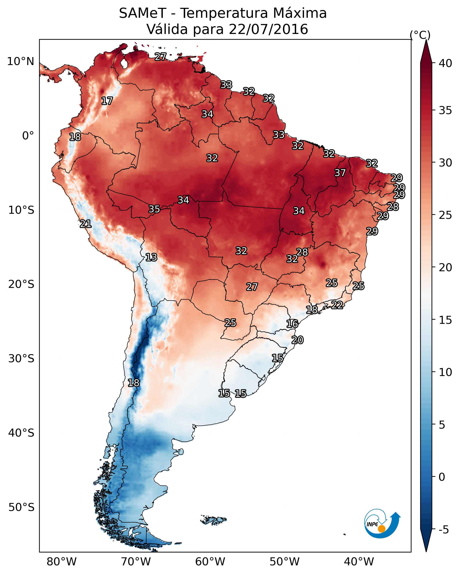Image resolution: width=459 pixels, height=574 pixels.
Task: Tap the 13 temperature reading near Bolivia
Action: (x=151, y=257)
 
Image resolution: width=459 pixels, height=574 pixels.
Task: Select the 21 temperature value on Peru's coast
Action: (x=85, y=224)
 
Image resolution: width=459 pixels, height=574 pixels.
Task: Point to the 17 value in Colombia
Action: (x=107, y=101)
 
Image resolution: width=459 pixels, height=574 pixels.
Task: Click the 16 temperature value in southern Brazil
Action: (x=292, y=324)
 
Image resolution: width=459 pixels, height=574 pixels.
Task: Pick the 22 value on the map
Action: (x=337, y=305)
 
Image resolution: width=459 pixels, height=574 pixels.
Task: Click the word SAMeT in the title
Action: (x=143, y=13)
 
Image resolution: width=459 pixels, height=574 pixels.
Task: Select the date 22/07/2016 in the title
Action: (x=268, y=29)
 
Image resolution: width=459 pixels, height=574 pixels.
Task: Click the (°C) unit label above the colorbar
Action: (x=420, y=35)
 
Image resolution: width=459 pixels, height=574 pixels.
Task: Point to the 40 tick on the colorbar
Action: (x=445, y=63)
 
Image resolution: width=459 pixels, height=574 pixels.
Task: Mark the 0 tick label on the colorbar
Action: (x=442, y=477)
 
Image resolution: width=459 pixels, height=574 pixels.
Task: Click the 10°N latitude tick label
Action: (x=20, y=61)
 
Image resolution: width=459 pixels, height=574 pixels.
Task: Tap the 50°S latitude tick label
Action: (x=21, y=507)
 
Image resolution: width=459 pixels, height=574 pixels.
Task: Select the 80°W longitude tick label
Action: (x=62, y=562)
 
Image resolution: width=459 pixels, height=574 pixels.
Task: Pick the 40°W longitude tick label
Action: (x=359, y=562)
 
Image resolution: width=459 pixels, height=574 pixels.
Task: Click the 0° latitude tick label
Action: (x=28, y=136)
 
